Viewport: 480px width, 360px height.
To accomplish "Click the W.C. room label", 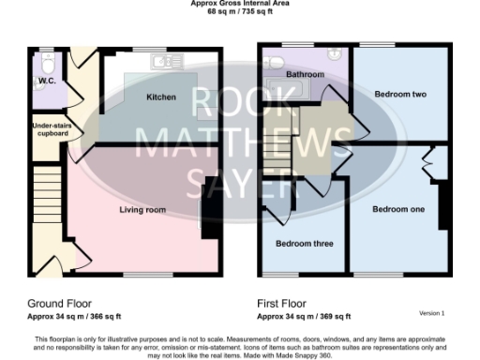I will tap(45, 92).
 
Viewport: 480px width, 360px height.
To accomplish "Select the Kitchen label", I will tap(161, 97).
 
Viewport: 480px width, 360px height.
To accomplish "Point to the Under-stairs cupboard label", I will tap(51, 129).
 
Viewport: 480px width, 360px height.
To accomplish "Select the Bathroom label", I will tap(305, 74).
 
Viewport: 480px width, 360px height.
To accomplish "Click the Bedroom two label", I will tap(400, 95).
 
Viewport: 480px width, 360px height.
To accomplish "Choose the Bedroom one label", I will tap(397, 209).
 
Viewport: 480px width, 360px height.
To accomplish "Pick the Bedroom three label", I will tap(304, 244).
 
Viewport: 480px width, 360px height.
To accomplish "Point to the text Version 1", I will tap(431, 313).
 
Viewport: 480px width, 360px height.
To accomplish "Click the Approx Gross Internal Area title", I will tap(240, 4).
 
